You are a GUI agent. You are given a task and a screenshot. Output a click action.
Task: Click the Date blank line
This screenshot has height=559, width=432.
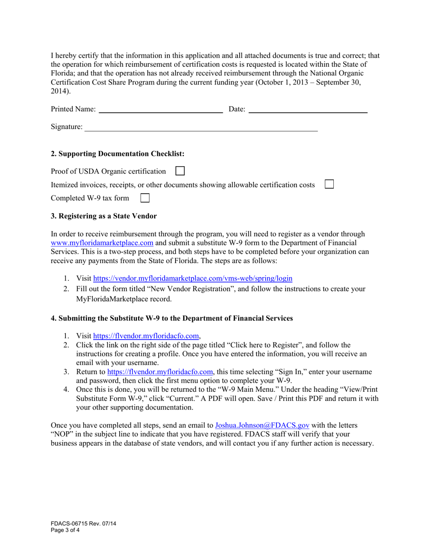pyautogui.click(x=308, y=109)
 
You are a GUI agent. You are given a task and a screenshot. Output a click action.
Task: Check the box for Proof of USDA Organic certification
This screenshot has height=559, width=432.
pyautogui.click(x=180, y=171)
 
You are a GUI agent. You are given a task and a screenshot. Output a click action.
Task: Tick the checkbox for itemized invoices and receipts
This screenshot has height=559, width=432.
pyautogui.click(x=329, y=185)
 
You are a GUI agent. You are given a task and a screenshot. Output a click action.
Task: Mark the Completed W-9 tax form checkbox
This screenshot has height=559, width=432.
pyautogui.click(x=145, y=198)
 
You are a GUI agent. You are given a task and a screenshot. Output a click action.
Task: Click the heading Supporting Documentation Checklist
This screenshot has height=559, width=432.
pyautogui.click(x=118, y=154)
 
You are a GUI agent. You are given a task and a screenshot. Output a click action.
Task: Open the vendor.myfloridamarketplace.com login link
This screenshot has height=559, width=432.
pyautogui.click(x=193, y=278)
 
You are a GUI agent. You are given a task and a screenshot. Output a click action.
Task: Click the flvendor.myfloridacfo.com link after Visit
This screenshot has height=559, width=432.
pyautogui.click(x=146, y=336)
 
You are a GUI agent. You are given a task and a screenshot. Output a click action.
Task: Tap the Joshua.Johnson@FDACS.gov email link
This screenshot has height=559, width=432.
pyautogui.click(x=262, y=425)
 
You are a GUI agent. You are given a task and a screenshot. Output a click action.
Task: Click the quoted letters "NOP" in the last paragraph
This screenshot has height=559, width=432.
pyautogui.click(x=60, y=434)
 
